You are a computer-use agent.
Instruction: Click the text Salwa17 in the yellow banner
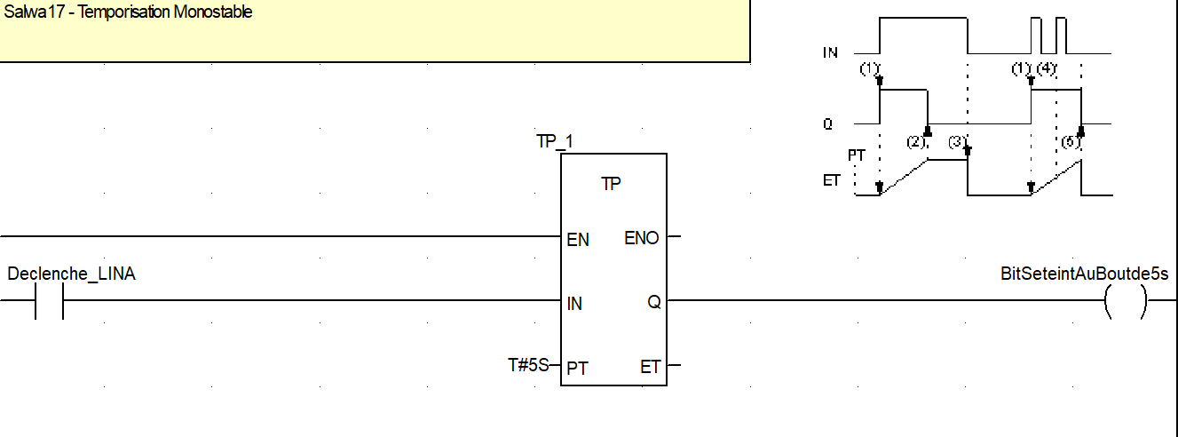click(x=29, y=12)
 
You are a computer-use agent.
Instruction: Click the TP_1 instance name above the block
click(x=554, y=142)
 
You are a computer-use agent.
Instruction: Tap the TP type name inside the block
click(x=611, y=184)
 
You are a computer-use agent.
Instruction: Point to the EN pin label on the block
click(x=577, y=240)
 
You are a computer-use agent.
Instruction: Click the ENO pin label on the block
click(x=642, y=238)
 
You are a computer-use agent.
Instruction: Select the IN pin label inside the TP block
click(x=574, y=304)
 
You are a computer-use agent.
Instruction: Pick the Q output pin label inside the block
click(x=654, y=303)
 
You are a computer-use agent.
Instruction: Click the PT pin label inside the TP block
click(x=577, y=368)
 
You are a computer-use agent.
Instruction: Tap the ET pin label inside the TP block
click(x=651, y=367)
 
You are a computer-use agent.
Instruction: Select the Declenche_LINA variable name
click(x=71, y=274)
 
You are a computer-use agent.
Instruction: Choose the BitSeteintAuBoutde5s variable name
click(x=1084, y=274)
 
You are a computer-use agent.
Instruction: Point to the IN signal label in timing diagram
click(x=830, y=53)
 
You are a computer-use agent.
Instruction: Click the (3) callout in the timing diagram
click(x=957, y=142)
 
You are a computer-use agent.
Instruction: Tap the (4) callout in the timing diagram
click(x=1047, y=69)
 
